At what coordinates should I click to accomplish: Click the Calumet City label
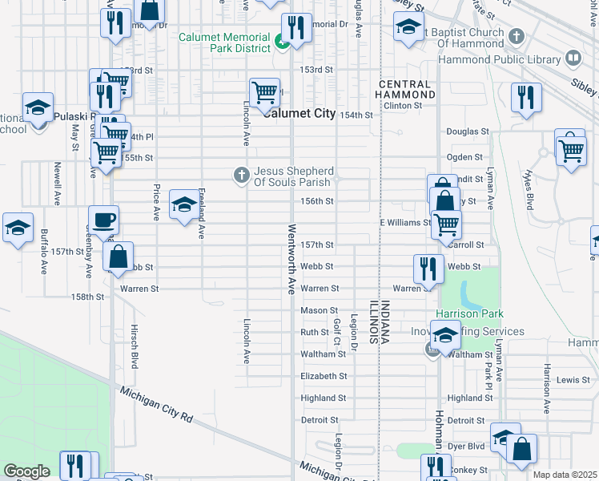[300, 114]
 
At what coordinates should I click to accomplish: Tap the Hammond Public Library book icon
[573, 58]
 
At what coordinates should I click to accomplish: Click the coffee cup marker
[103, 220]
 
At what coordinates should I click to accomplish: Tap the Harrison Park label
[468, 313]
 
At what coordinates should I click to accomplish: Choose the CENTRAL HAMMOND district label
[407, 89]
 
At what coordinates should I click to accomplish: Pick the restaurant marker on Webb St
[428, 269]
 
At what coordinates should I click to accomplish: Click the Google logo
[26, 471]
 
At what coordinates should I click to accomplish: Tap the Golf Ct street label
[337, 331]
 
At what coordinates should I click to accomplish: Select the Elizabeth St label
[324, 375]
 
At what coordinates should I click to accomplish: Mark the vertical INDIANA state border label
[384, 323]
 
